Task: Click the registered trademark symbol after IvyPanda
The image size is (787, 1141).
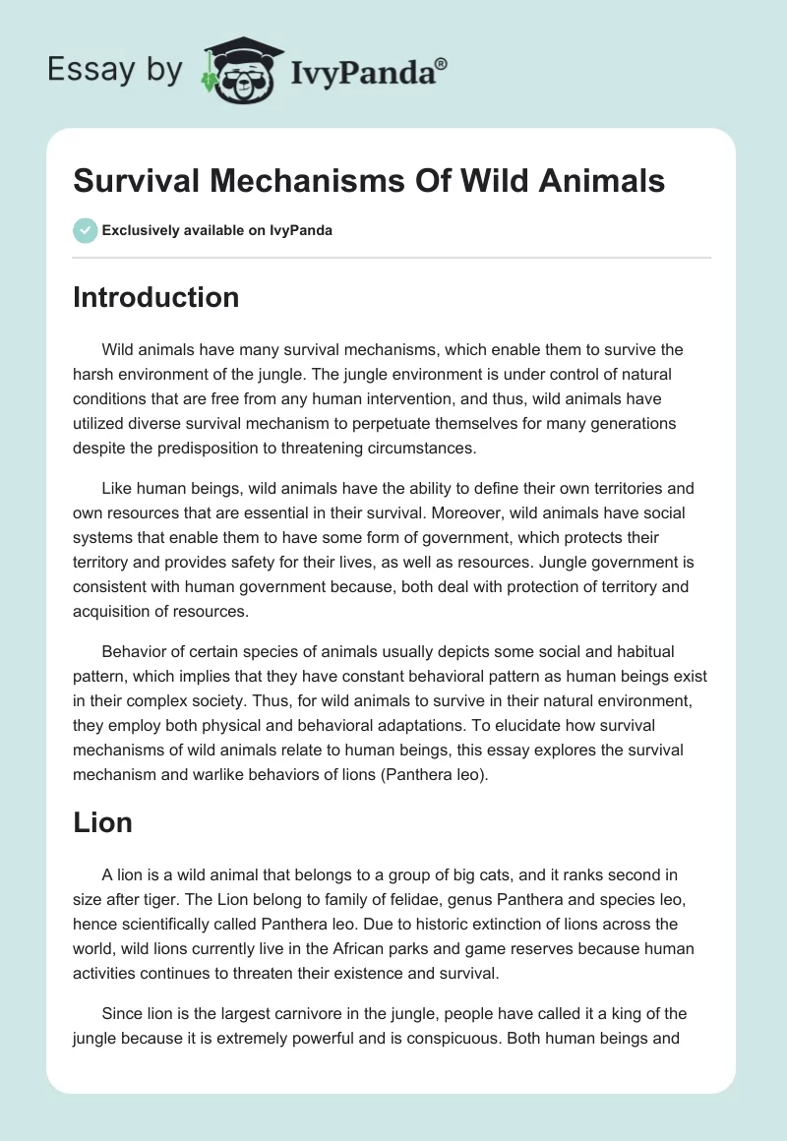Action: [442, 64]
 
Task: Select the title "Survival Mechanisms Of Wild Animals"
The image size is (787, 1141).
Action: [369, 181]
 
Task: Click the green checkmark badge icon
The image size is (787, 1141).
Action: [85, 230]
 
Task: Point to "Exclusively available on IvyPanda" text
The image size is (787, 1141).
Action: [216, 230]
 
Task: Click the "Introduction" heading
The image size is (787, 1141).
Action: [155, 297]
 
